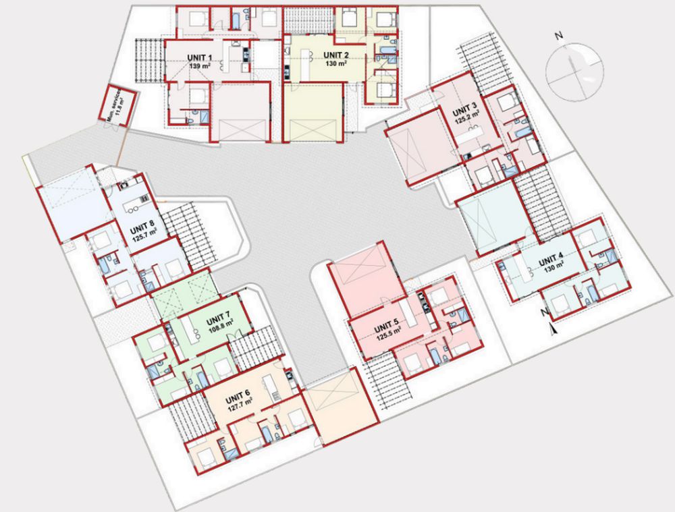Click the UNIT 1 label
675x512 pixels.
tap(199, 58)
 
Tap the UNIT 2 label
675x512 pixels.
tap(336, 55)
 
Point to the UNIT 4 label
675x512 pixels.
tap(551, 260)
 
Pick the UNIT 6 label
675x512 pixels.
tap(237, 399)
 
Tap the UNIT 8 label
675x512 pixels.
tap(142, 227)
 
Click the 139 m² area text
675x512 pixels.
tap(200, 66)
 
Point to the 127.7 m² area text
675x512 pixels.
tap(240, 407)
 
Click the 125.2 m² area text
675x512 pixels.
tap(468, 115)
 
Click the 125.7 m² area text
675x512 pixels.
tap(145, 235)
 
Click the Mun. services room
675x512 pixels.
tap(117, 106)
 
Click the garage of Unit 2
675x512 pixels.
tap(313, 113)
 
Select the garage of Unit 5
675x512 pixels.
tap(366, 280)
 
